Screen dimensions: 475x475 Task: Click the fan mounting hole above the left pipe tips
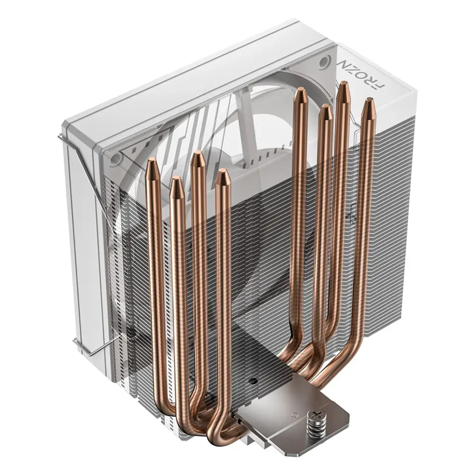113,161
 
